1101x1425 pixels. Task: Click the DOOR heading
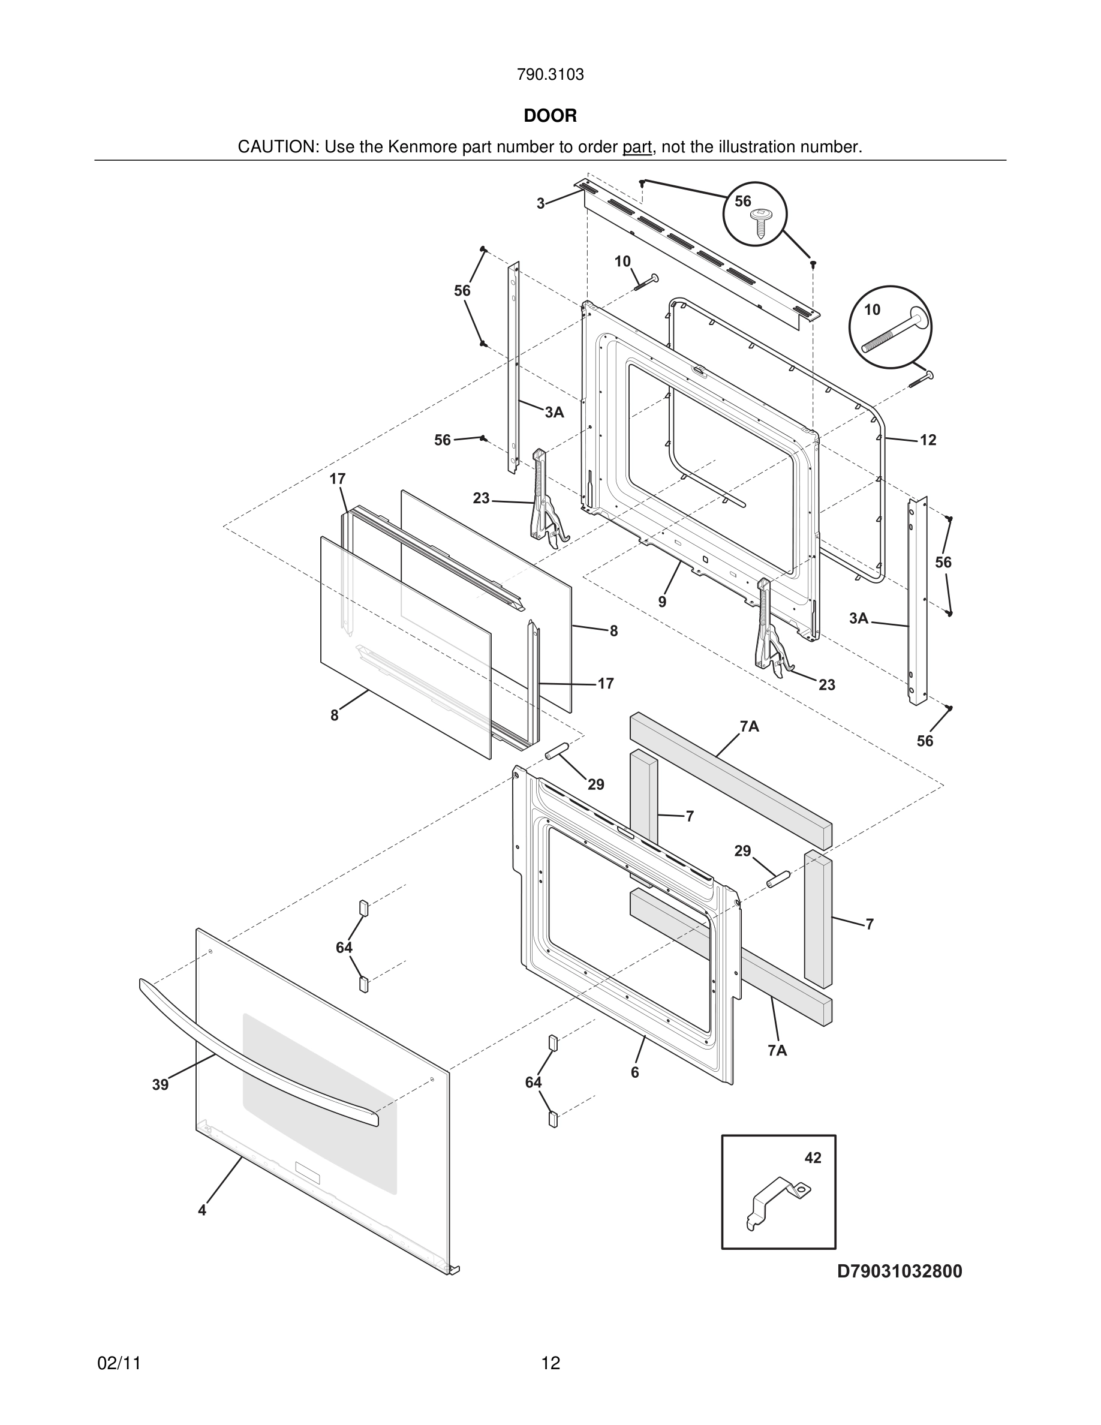[x=550, y=116]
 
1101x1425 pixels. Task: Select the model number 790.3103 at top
[x=550, y=75]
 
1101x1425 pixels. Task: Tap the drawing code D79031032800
[x=900, y=1271]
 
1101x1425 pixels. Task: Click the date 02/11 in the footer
[x=119, y=1363]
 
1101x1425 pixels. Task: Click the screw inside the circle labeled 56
[x=759, y=221]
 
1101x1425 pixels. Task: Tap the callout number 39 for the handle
[x=161, y=1084]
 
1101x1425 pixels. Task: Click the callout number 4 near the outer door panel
[x=202, y=1210]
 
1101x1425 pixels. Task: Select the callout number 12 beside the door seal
[x=928, y=440]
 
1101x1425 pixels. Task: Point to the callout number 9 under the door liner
[x=662, y=602]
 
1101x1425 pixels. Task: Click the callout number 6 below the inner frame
[x=634, y=1072]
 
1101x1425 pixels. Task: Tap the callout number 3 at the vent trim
[x=540, y=203]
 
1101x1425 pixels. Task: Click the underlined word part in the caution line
[x=637, y=148]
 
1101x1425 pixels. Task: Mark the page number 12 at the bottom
[x=550, y=1363]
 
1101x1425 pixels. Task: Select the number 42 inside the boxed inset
[x=813, y=1158]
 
